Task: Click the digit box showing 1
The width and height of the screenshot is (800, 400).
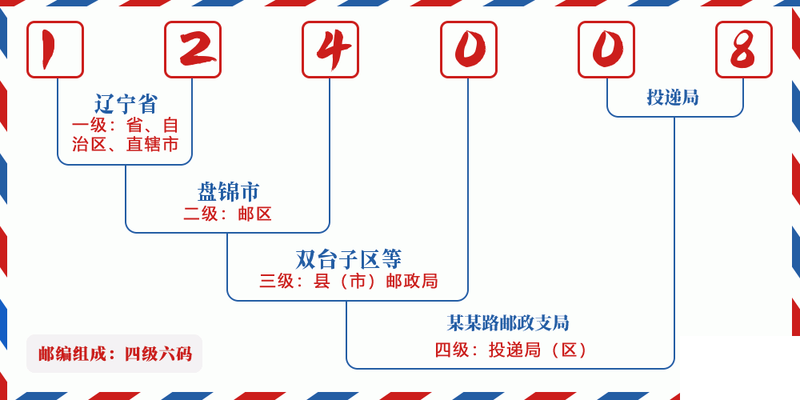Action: [x=55, y=50]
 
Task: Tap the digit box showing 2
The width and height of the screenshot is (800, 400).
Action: [x=193, y=50]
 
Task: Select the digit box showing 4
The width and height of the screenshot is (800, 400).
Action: [x=330, y=50]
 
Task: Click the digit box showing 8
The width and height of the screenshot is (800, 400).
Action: [x=744, y=50]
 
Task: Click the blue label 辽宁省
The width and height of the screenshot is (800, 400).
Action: [x=126, y=104]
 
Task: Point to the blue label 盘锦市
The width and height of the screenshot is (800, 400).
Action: [x=228, y=192]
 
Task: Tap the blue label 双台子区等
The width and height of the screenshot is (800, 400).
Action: [x=348, y=259]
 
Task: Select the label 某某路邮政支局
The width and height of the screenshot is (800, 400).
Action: [x=508, y=323]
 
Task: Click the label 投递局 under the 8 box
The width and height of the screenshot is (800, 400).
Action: [x=673, y=98]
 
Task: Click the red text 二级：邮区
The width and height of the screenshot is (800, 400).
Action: [x=228, y=214]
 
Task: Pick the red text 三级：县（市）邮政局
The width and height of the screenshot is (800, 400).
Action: [x=348, y=281]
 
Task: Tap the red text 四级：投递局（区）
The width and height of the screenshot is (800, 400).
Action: [x=512, y=350]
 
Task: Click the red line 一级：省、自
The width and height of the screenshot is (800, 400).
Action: [x=126, y=126]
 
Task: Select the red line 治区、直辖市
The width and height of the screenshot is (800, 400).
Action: [x=126, y=145]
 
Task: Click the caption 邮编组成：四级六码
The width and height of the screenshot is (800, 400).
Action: [x=114, y=354]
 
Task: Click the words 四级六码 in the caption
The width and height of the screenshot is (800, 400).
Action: [x=158, y=354]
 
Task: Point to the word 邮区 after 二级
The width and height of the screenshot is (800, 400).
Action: [x=255, y=214]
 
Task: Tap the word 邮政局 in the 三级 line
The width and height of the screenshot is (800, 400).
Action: [x=412, y=281]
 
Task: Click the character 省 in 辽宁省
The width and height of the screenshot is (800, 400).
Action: [x=147, y=104]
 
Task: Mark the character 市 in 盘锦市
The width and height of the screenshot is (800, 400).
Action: [x=250, y=192]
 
